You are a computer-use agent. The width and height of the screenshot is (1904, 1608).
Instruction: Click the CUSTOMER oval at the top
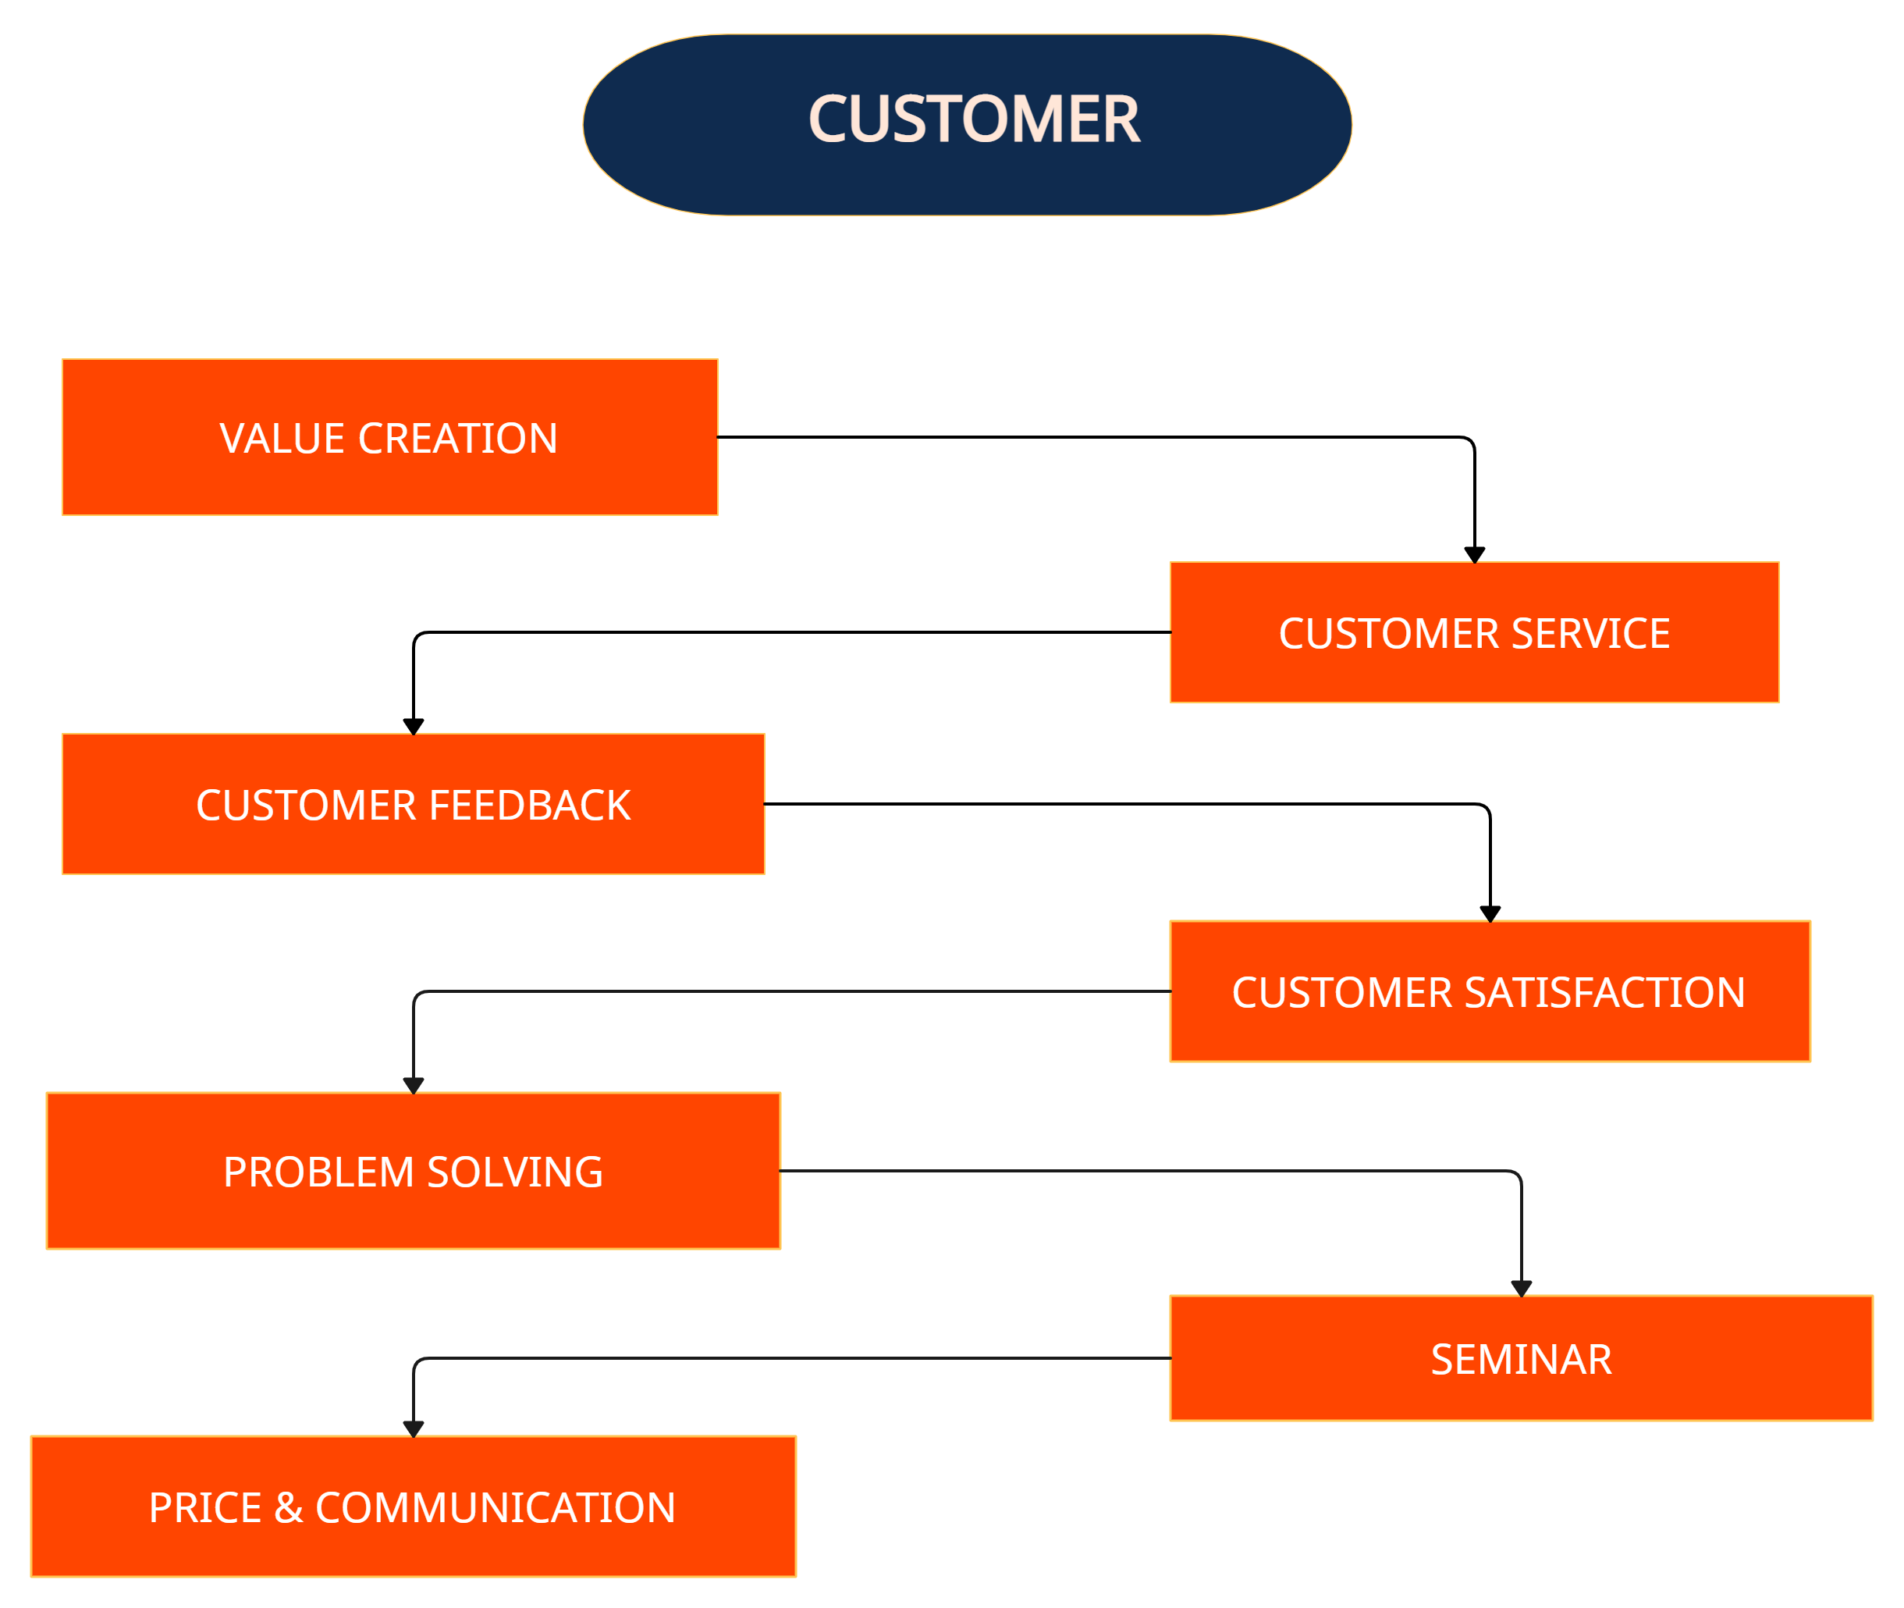[x=967, y=125]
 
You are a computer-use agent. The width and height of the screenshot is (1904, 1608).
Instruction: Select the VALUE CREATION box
[x=389, y=438]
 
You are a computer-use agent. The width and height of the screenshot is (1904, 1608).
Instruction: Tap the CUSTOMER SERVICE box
[x=1474, y=632]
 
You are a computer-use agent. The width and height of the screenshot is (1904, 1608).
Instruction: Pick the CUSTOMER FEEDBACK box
[x=413, y=804]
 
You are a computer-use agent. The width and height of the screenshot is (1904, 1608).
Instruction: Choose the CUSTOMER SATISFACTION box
[x=1490, y=992]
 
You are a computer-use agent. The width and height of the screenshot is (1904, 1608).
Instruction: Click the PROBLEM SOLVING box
[x=413, y=1172]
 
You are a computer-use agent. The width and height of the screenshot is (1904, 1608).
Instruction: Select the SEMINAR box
[x=1520, y=1358]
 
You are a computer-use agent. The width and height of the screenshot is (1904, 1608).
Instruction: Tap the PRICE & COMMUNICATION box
[x=413, y=1507]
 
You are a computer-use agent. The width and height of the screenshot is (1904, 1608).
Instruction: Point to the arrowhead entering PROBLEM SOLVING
[x=414, y=1085]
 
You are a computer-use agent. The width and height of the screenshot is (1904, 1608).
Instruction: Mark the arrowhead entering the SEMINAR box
[x=1521, y=1287]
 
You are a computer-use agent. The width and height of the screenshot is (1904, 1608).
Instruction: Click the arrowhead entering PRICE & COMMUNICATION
[x=414, y=1428]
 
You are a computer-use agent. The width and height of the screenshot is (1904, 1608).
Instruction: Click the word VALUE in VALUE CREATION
[x=282, y=439]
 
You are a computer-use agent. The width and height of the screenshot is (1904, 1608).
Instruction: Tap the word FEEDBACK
[x=530, y=805]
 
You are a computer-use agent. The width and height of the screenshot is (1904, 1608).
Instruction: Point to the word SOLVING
[x=515, y=1172]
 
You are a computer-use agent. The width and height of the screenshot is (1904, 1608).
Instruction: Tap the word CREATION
[x=457, y=439]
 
